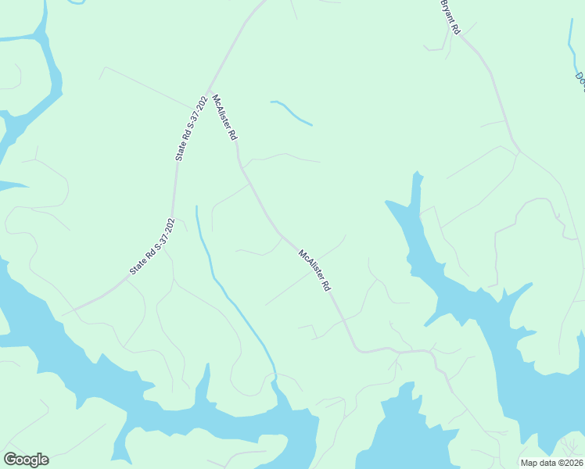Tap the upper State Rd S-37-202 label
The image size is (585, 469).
[x=192, y=129]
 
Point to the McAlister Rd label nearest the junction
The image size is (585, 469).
[x=224, y=118]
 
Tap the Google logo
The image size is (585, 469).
[x=26, y=460]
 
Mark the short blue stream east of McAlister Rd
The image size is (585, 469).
[x=292, y=113]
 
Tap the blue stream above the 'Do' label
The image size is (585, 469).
[x=571, y=39]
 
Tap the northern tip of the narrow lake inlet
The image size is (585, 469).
[x=418, y=174]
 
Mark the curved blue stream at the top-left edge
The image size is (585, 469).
[x=76, y=2]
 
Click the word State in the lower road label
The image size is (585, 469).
[x=138, y=267]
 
